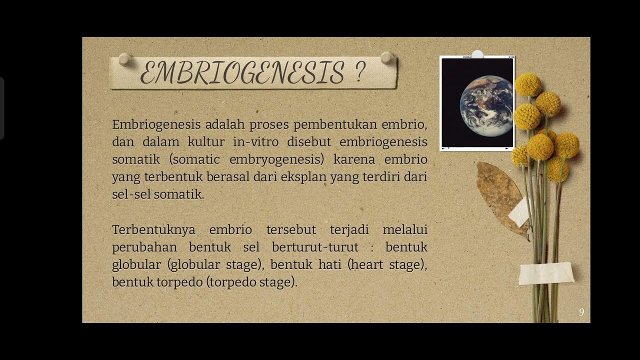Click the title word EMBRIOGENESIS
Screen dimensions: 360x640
tap(242, 73)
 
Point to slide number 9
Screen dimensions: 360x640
tap(581, 312)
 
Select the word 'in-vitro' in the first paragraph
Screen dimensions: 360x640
tap(255, 142)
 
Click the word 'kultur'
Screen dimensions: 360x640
tap(206, 142)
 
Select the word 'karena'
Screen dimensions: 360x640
tap(354, 159)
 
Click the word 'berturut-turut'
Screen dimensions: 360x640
tap(315, 247)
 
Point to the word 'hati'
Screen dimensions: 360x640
tap(330, 264)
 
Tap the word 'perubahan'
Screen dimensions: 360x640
tap(144, 247)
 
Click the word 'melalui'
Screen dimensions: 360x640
tap(404, 229)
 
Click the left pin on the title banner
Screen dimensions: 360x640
tap(123, 59)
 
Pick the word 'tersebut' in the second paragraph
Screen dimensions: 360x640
tap(291, 229)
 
